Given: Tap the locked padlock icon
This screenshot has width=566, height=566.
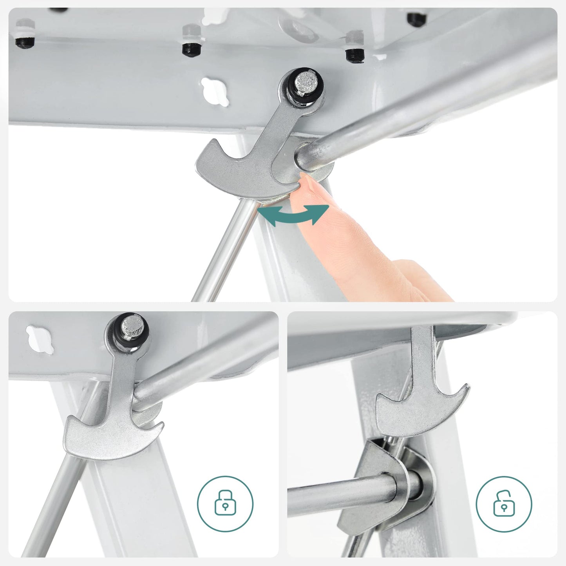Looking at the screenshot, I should [225, 503].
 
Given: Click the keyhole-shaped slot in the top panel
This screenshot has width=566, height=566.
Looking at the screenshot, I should [214, 91].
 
